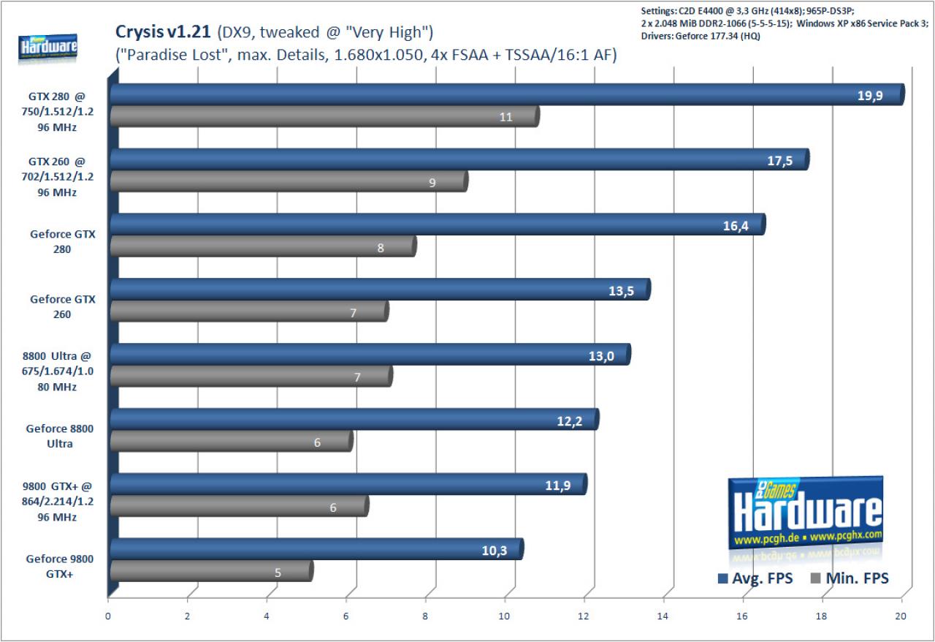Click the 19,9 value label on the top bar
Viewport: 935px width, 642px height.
pos(870,96)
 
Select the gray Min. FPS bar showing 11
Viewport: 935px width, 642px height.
pos(325,116)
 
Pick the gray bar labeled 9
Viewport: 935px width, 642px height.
pos(289,181)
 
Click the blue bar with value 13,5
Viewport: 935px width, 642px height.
pos(381,290)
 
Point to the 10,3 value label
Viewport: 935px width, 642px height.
pos(495,551)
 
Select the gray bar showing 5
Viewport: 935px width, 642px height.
pos(212,571)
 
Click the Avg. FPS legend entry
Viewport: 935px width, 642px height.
pos(755,578)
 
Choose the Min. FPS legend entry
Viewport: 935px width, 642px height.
pos(849,578)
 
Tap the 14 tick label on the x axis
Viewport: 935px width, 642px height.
pos(663,616)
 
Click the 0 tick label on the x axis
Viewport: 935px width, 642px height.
pos(107,616)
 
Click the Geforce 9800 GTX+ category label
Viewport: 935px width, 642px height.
pos(60,567)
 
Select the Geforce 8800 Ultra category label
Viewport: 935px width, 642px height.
pos(60,436)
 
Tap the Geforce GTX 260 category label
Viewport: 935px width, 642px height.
pos(63,306)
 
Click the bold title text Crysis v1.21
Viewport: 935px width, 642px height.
pos(163,31)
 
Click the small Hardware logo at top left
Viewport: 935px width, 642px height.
pos(47,48)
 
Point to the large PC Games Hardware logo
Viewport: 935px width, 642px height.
pos(805,513)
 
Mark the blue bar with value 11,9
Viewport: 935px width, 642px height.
pos(348,485)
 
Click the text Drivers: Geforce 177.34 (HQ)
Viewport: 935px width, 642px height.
pos(701,36)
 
